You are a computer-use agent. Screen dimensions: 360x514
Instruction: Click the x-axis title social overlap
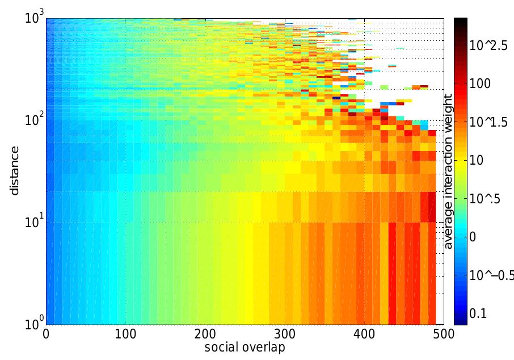245,348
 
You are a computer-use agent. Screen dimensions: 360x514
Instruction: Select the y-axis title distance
15,170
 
